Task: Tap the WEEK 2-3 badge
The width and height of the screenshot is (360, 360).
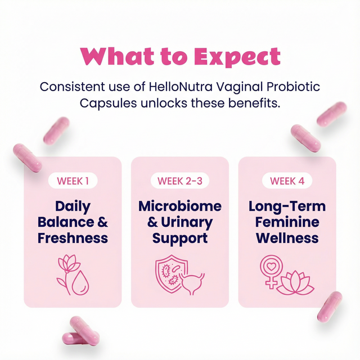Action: [179, 181]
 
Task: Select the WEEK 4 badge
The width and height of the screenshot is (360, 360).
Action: [287, 181]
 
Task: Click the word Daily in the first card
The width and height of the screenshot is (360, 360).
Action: [73, 206]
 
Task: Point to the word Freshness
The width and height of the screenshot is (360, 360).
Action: [73, 238]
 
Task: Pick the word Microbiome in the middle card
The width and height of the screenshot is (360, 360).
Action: [180, 206]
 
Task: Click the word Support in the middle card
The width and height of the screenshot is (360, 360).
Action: [180, 238]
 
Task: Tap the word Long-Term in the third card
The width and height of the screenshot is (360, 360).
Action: [287, 206]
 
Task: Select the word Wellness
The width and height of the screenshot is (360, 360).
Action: [287, 238]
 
